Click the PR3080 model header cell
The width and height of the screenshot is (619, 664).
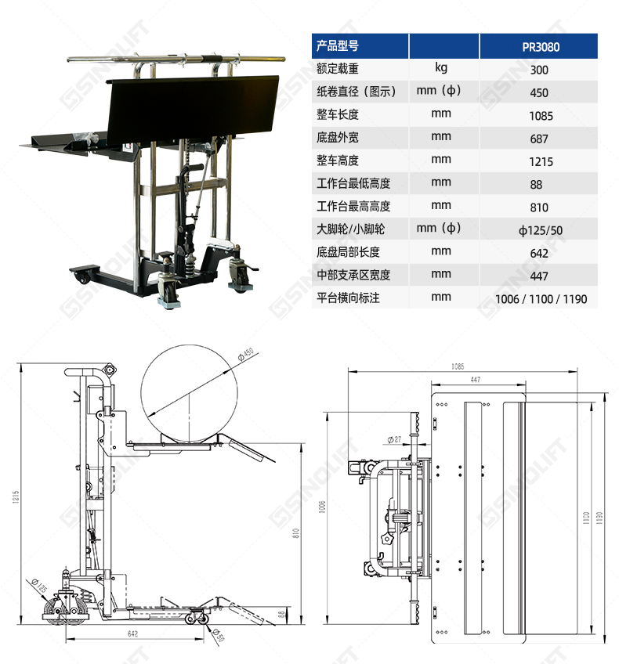[541, 46]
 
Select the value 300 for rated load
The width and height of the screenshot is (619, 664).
[539, 70]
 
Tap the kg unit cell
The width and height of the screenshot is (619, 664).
[441, 68]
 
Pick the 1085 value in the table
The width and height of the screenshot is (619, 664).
[541, 116]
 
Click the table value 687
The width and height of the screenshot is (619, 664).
[539, 139]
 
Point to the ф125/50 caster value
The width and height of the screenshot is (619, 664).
[541, 230]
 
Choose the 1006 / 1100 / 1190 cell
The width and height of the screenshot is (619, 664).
[541, 299]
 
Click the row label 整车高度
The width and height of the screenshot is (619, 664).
[338, 161]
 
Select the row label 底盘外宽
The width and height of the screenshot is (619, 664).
[338, 137]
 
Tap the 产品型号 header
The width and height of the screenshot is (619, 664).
[338, 45]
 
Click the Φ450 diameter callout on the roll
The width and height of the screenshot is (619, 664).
[246, 354]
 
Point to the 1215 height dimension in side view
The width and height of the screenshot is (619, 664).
[16, 496]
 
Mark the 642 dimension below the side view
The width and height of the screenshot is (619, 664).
[132, 633]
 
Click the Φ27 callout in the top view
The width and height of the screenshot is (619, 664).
[394, 439]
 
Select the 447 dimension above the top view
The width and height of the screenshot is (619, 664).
[476, 380]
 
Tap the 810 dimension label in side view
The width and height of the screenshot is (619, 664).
[295, 533]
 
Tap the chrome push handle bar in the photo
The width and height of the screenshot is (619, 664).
[176, 59]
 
